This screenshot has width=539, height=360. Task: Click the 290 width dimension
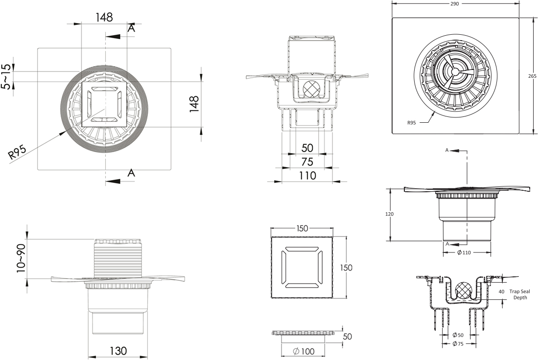click(454, 4)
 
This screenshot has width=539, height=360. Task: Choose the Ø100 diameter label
click(303, 351)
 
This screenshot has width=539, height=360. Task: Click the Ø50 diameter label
click(458, 335)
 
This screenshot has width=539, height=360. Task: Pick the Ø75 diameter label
click(458, 344)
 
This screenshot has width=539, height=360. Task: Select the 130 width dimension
click(118, 351)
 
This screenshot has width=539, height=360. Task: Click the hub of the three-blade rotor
click(455, 71)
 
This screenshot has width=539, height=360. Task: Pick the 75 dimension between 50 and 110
click(307, 162)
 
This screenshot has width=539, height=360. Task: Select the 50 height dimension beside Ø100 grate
click(347, 337)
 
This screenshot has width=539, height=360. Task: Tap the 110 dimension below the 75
click(307, 175)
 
